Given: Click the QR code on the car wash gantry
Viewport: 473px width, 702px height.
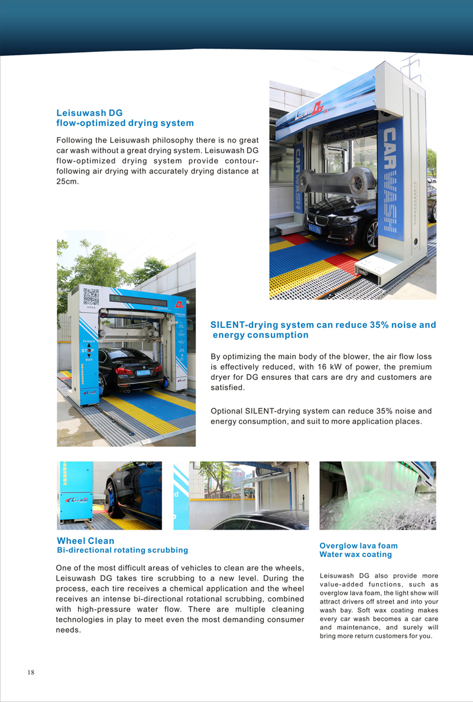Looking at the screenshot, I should coord(90,297).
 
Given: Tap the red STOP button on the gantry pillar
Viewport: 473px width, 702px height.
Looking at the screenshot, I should coord(87,350).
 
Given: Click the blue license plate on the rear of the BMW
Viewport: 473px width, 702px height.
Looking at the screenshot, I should coord(142,372).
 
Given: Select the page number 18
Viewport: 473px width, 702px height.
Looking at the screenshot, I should coord(31,672).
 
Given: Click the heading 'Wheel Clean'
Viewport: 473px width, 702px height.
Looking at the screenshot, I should coord(86,540).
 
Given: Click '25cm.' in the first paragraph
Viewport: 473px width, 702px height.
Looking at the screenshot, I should coord(68,181).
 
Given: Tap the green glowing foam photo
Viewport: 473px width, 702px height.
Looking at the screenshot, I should coord(377,495).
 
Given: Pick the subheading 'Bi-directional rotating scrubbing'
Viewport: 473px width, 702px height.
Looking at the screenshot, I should coord(122,550).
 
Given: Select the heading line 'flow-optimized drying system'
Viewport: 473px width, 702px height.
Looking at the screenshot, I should coord(125,123).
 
